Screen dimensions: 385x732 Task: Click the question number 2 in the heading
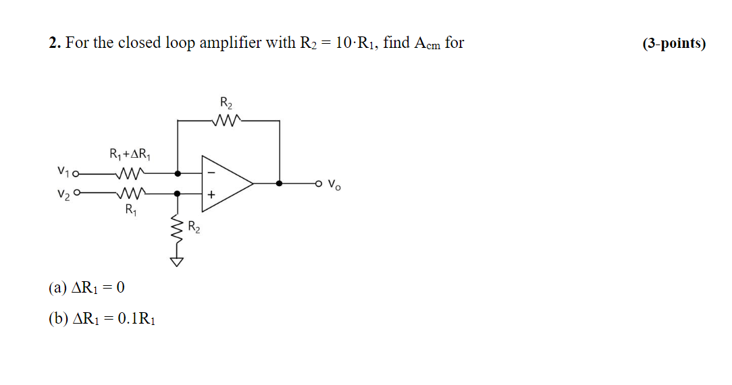pyautogui.click(x=53, y=43)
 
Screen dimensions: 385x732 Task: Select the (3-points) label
pyautogui.click(x=673, y=44)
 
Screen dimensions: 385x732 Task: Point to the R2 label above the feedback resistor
pyautogui.click(x=226, y=103)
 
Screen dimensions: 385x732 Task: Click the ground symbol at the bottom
pyautogui.click(x=177, y=262)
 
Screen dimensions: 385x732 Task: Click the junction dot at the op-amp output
pyautogui.click(x=280, y=183)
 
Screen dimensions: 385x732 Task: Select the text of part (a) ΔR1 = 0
pyautogui.click(x=86, y=288)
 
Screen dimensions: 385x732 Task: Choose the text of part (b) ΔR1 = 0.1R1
pyautogui.click(x=102, y=318)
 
